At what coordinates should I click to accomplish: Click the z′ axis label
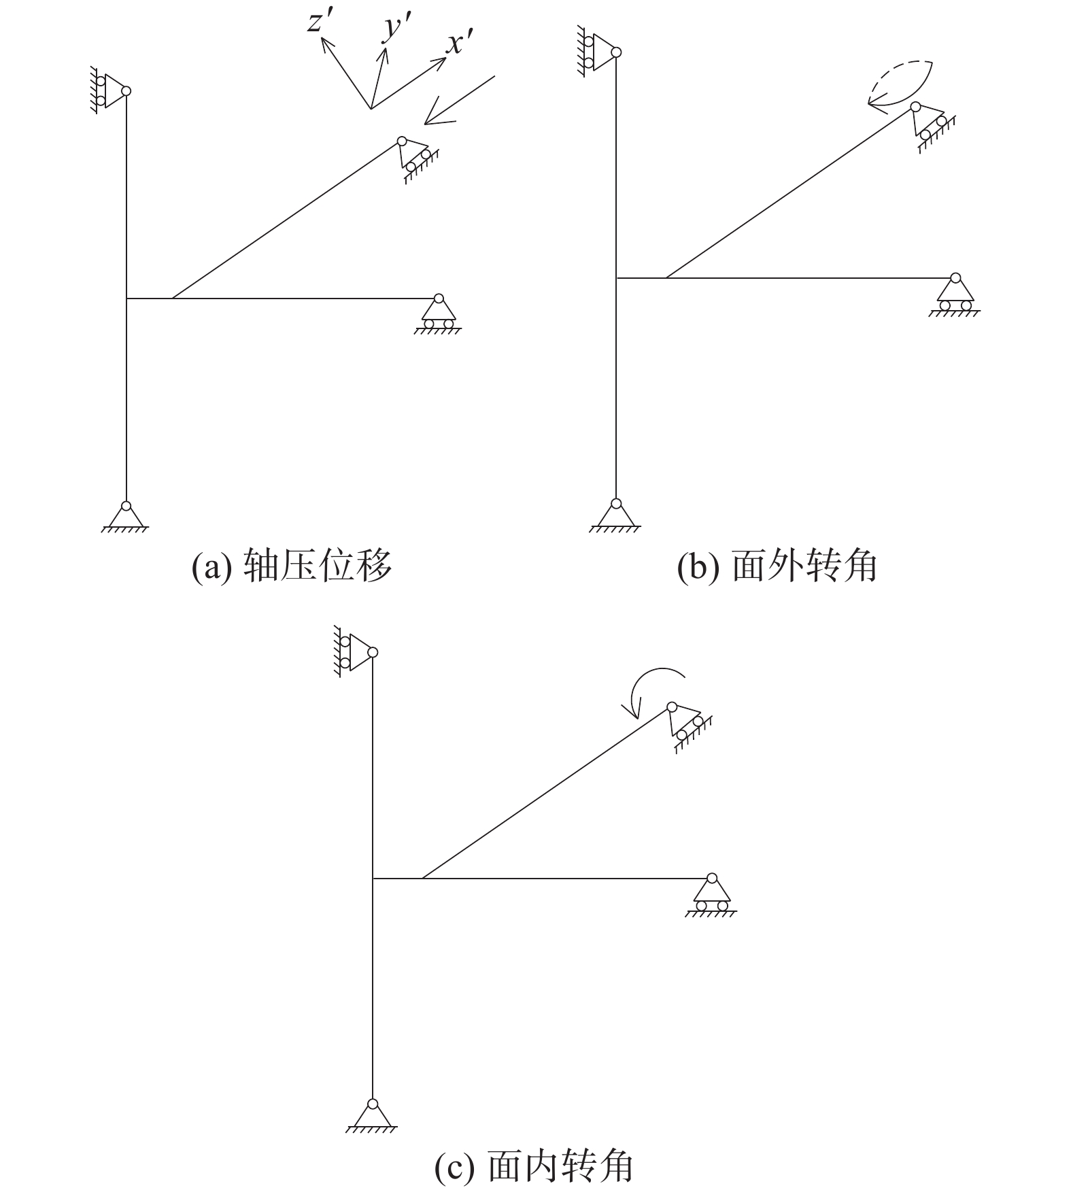[319, 23]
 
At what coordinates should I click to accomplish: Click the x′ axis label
[460, 44]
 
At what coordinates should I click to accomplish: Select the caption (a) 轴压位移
[292, 566]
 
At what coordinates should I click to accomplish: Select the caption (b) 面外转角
[777, 566]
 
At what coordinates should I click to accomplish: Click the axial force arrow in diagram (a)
[459, 99]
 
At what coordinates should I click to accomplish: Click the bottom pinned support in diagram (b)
[615, 516]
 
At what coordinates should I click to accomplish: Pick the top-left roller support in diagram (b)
[598, 52]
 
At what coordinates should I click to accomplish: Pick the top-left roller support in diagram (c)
[354, 652]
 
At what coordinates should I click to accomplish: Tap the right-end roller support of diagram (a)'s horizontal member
[438, 313]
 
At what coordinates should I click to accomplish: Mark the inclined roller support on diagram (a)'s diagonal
[418, 159]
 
